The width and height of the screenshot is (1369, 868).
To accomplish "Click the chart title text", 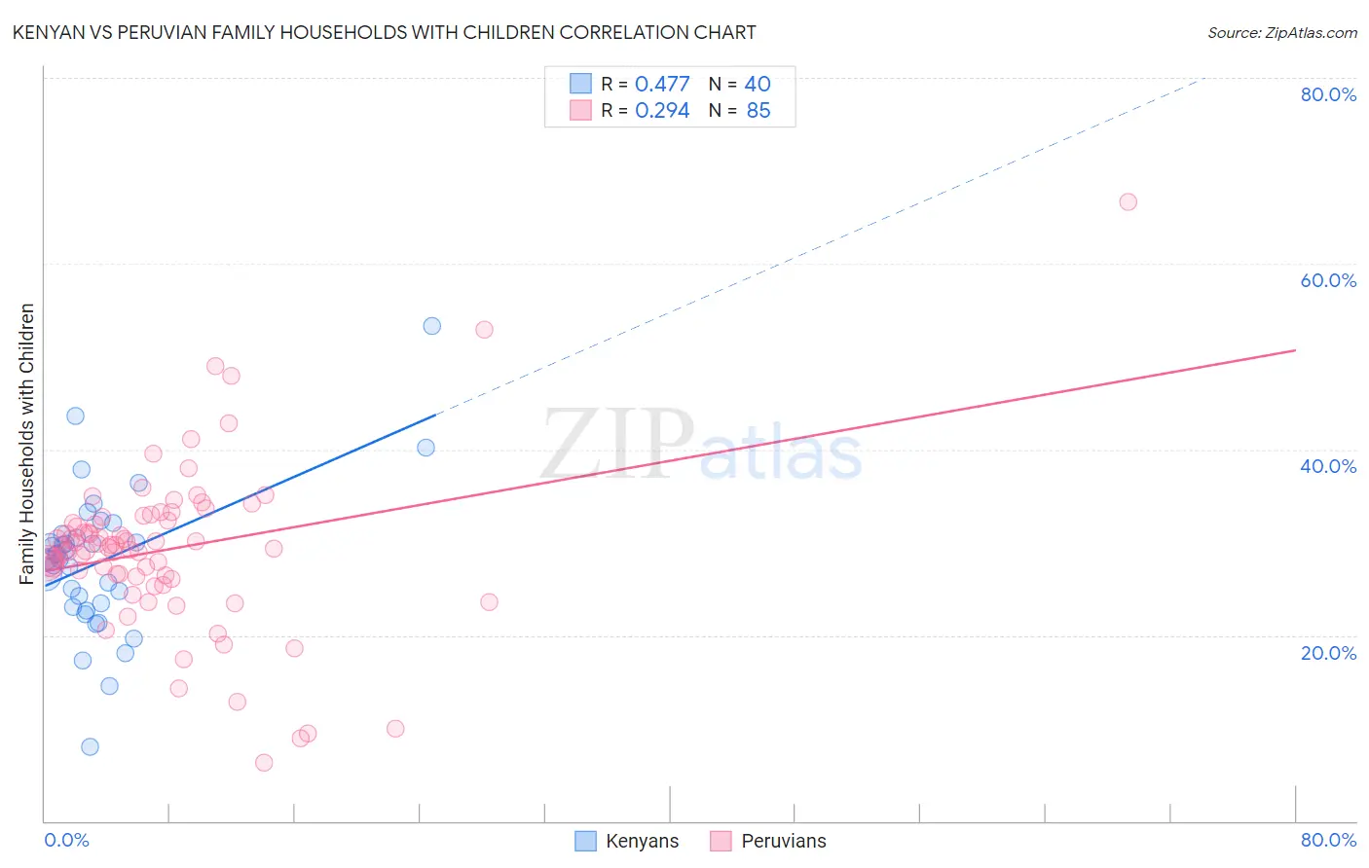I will pyautogui.click(x=384, y=32).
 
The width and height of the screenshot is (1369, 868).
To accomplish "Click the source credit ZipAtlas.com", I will pyautogui.click(x=1281, y=32).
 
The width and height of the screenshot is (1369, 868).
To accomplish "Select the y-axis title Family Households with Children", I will pyautogui.click(x=27, y=444).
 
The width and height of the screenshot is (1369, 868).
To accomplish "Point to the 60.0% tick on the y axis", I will pyautogui.click(x=1328, y=280).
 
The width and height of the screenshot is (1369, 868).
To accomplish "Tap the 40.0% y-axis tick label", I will pyautogui.click(x=1328, y=466).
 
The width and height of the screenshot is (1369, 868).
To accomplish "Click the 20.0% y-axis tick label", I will pyautogui.click(x=1328, y=653).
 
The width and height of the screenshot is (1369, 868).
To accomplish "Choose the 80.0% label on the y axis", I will pyautogui.click(x=1328, y=94).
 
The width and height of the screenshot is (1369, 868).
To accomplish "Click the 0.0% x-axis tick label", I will pyautogui.click(x=66, y=840).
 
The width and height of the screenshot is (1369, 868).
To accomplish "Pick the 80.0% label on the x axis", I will pyautogui.click(x=1328, y=840).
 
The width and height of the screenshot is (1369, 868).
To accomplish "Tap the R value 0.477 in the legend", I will pyautogui.click(x=662, y=84).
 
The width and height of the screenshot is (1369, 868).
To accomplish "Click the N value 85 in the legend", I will pyautogui.click(x=758, y=111).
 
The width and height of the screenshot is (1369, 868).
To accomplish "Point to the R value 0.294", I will pyautogui.click(x=662, y=111).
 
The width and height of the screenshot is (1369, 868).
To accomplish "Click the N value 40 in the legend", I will pyautogui.click(x=758, y=84).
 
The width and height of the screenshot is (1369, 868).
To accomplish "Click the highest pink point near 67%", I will pyautogui.click(x=1128, y=201).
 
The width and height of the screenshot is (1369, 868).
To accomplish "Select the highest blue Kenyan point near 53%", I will pyautogui.click(x=431, y=326).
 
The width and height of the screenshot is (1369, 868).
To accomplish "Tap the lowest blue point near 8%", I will pyautogui.click(x=90, y=746).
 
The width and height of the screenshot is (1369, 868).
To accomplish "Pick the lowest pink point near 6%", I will pyautogui.click(x=264, y=763).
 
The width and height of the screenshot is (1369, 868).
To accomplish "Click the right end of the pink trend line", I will pyautogui.click(x=1295, y=349).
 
